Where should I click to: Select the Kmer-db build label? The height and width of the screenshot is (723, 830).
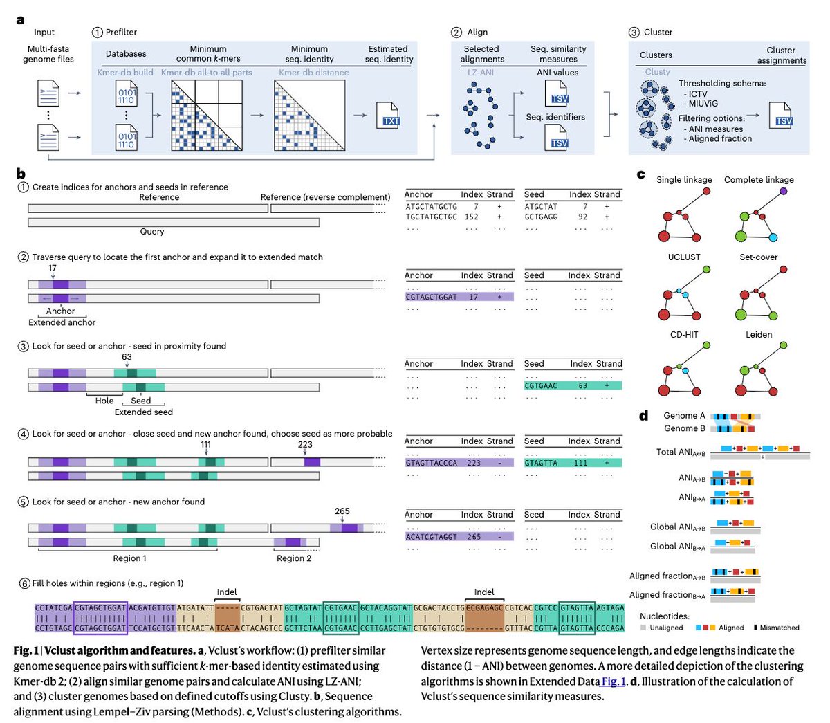[x=125, y=72]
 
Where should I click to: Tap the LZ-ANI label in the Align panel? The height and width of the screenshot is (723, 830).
[x=480, y=72]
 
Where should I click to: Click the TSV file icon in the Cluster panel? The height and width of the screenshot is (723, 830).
[x=782, y=116]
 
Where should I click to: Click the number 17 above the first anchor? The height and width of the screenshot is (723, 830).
[x=53, y=268]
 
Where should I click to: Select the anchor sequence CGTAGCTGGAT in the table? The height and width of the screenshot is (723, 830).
[x=432, y=297]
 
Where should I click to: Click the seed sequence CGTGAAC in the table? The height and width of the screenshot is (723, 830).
[x=541, y=385]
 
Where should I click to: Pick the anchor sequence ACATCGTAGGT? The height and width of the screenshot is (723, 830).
[x=432, y=536]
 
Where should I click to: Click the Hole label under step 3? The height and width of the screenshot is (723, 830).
[x=104, y=401]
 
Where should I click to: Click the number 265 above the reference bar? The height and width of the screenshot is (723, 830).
[x=342, y=511]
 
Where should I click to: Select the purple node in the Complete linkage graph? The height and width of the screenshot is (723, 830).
[x=783, y=191]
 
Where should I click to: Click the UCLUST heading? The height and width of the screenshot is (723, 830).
[x=684, y=257]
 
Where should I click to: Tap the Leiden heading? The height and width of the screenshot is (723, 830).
[x=759, y=334]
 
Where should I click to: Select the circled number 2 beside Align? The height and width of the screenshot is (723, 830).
[x=456, y=32]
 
